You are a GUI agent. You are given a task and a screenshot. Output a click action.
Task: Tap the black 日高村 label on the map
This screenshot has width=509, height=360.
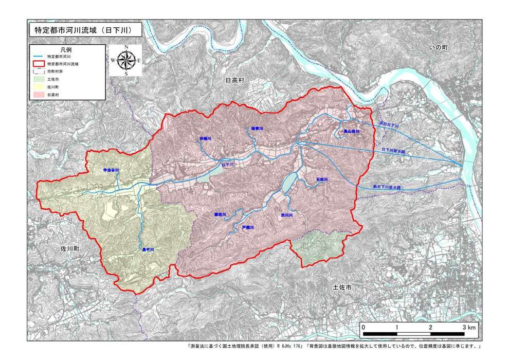point(237,80)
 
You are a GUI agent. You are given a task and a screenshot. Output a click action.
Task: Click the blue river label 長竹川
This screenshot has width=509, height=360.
point(148,250)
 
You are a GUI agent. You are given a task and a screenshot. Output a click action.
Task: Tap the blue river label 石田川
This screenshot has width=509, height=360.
point(322,179)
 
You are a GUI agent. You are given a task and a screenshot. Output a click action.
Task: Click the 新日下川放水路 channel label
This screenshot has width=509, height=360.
point(389,187)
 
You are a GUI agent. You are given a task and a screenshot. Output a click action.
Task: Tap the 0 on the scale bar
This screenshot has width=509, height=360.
point(363,327)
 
